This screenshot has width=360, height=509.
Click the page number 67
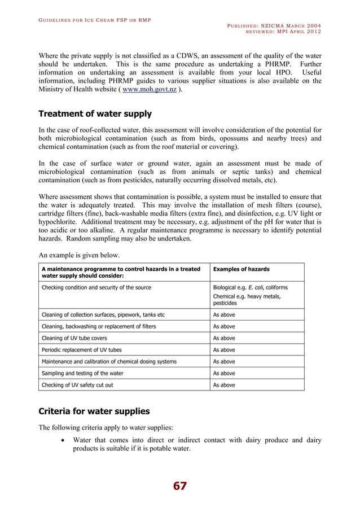click(x=179, y=486)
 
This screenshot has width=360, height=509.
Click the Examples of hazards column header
click(x=241, y=269)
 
